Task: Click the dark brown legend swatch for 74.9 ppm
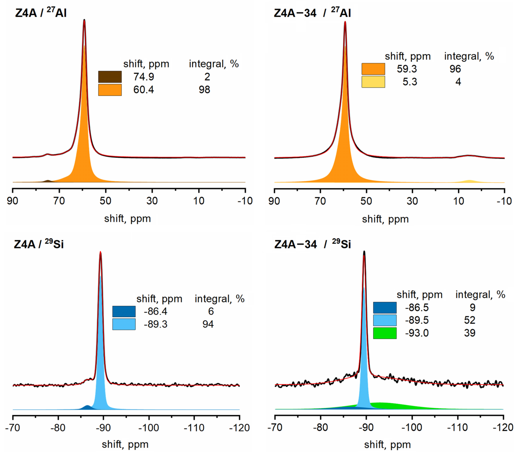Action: point(110,77)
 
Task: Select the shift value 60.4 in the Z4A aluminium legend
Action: point(143,90)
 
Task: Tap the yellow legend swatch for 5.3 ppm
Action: point(373,82)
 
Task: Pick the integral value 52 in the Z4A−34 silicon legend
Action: point(469,320)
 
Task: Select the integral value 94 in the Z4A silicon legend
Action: point(208,324)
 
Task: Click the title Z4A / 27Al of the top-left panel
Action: point(41,12)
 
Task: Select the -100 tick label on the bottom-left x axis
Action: point(149,428)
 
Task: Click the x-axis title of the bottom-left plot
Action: point(125,444)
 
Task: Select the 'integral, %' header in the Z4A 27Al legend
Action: point(214,64)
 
